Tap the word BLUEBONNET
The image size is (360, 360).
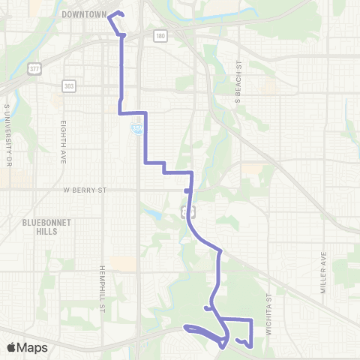(x=46, y=222)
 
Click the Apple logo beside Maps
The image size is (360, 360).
(x=12, y=347)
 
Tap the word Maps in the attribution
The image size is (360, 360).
(x=34, y=347)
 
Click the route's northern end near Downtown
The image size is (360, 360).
(x=120, y=13)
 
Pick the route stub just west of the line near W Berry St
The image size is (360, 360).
(x=187, y=191)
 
